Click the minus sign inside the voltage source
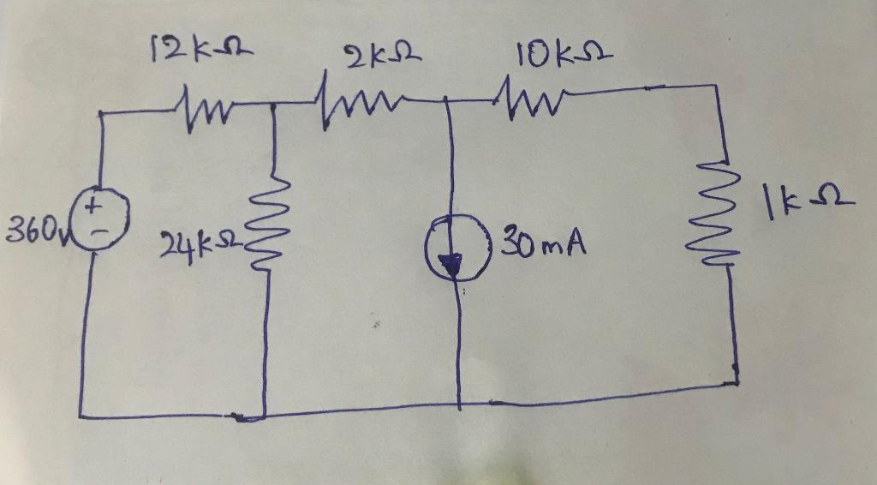101,229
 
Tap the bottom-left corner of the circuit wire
81,416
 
